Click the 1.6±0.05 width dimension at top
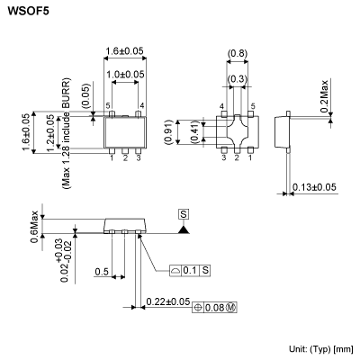(x=126, y=51)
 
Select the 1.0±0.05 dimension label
(x=126, y=74)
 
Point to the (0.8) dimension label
(x=238, y=53)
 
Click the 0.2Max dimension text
(x=346, y=94)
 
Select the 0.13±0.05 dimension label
(x=315, y=186)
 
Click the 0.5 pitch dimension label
(x=101, y=271)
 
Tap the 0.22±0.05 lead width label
(x=167, y=301)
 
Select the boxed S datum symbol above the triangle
(x=183, y=214)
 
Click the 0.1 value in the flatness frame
(x=189, y=270)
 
